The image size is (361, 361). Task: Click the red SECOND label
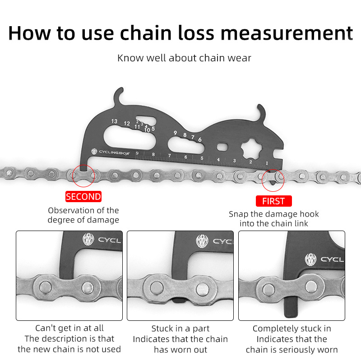point(83,197)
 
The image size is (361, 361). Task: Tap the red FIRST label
point(274,201)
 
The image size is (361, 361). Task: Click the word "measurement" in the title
point(287,33)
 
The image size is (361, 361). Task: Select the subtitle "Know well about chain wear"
point(184,58)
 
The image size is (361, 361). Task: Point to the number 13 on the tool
point(114,121)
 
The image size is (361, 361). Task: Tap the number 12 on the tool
point(127,123)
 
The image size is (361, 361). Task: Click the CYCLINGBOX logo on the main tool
point(111,152)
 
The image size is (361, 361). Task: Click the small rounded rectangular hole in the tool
point(222,147)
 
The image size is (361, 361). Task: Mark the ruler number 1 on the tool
point(267,163)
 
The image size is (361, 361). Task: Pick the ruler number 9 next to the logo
point(137,153)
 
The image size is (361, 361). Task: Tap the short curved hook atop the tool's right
point(262,111)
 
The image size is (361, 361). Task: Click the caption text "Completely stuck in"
point(292,329)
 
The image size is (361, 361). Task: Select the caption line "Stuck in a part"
point(180,329)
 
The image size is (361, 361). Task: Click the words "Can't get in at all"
point(69,328)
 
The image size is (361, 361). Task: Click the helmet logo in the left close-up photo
point(88,239)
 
